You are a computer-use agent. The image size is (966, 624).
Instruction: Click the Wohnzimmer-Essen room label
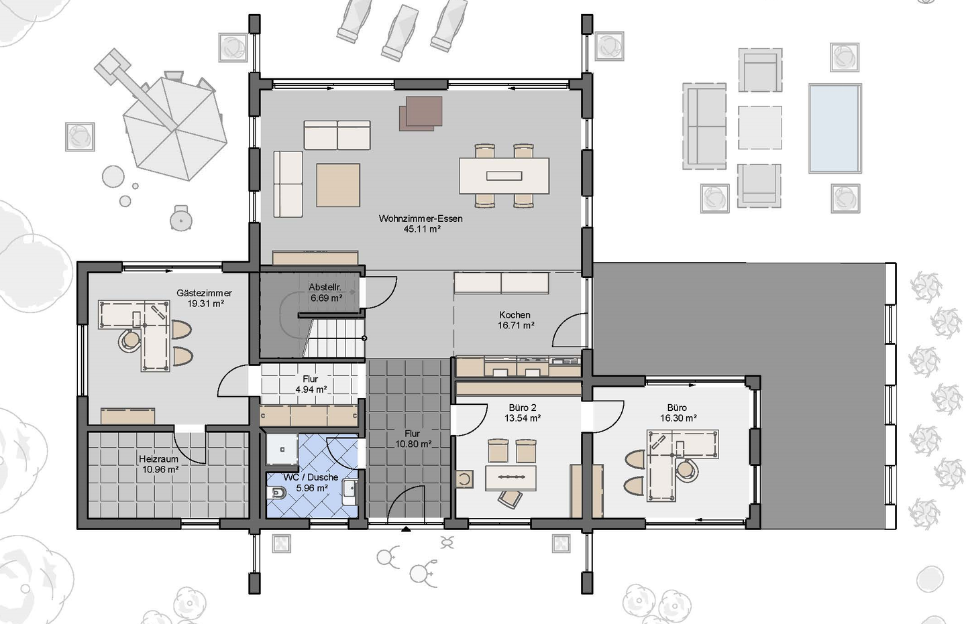[x=421, y=219]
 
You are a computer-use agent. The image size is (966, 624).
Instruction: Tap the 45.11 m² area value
[x=422, y=229]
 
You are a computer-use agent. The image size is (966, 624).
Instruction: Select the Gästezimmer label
[x=204, y=293]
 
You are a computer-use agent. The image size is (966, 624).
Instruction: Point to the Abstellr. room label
[x=325, y=287]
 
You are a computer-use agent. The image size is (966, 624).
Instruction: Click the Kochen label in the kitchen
[x=515, y=315]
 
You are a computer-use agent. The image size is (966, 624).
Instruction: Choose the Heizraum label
[x=158, y=459]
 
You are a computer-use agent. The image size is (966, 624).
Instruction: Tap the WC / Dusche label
[x=311, y=477]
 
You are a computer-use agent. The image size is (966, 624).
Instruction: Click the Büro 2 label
[x=522, y=408]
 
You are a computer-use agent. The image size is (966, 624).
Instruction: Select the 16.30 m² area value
[x=678, y=418]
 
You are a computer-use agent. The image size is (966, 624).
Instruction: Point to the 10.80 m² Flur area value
[x=413, y=444]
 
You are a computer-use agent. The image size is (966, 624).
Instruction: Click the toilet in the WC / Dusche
[x=276, y=493]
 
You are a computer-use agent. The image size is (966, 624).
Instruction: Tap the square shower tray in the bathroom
[x=282, y=450]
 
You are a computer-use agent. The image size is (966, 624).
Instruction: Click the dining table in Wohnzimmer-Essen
[x=504, y=176]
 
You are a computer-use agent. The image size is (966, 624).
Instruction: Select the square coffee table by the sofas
[x=338, y=185]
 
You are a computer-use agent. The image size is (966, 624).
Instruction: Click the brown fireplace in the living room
[x=421, y=113]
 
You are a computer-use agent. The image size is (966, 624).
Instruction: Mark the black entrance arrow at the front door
[x=406, y=529]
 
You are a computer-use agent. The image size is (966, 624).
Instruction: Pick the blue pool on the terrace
[x=835, y=129]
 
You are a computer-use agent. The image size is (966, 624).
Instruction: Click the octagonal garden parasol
[x=174, y=129]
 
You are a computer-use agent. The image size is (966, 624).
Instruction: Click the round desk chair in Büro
[x=686, y=470]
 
